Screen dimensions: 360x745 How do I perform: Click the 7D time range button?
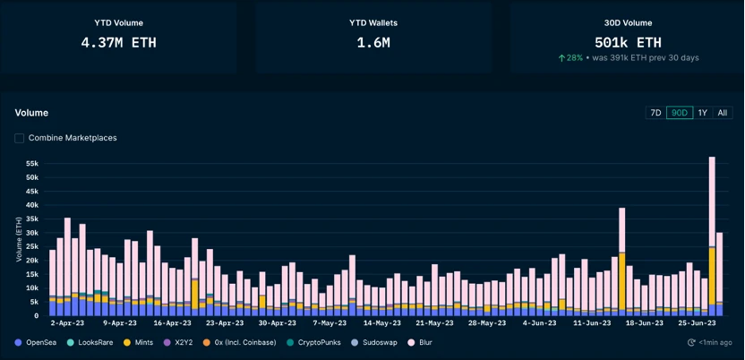click(x=655, y=113)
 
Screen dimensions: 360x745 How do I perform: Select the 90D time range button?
click(x=680, y=113)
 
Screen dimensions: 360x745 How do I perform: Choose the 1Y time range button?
click(x=702, y=113)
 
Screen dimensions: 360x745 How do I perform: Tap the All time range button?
click(x=722, y=113)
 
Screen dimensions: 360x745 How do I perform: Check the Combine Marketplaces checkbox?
click(x=20, y=138)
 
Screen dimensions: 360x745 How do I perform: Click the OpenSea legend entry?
click(x=38, y=342)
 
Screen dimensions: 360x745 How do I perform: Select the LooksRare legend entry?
click(x=91, y=342)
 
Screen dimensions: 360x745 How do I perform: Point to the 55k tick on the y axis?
click(x=31, y=164)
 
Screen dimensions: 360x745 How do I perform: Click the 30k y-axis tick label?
click(x=31, y=233)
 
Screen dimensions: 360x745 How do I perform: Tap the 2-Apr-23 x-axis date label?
click(x=67, y=322)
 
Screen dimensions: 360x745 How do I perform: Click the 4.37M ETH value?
click(x=118, y=42)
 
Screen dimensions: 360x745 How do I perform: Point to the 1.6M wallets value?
click(x=372, y=42)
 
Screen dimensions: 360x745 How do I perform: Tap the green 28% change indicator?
click(x=570, y=57)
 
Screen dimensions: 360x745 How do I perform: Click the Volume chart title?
click(x=31, y=113)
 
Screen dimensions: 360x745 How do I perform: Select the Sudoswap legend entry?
click(x=376, y=342)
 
